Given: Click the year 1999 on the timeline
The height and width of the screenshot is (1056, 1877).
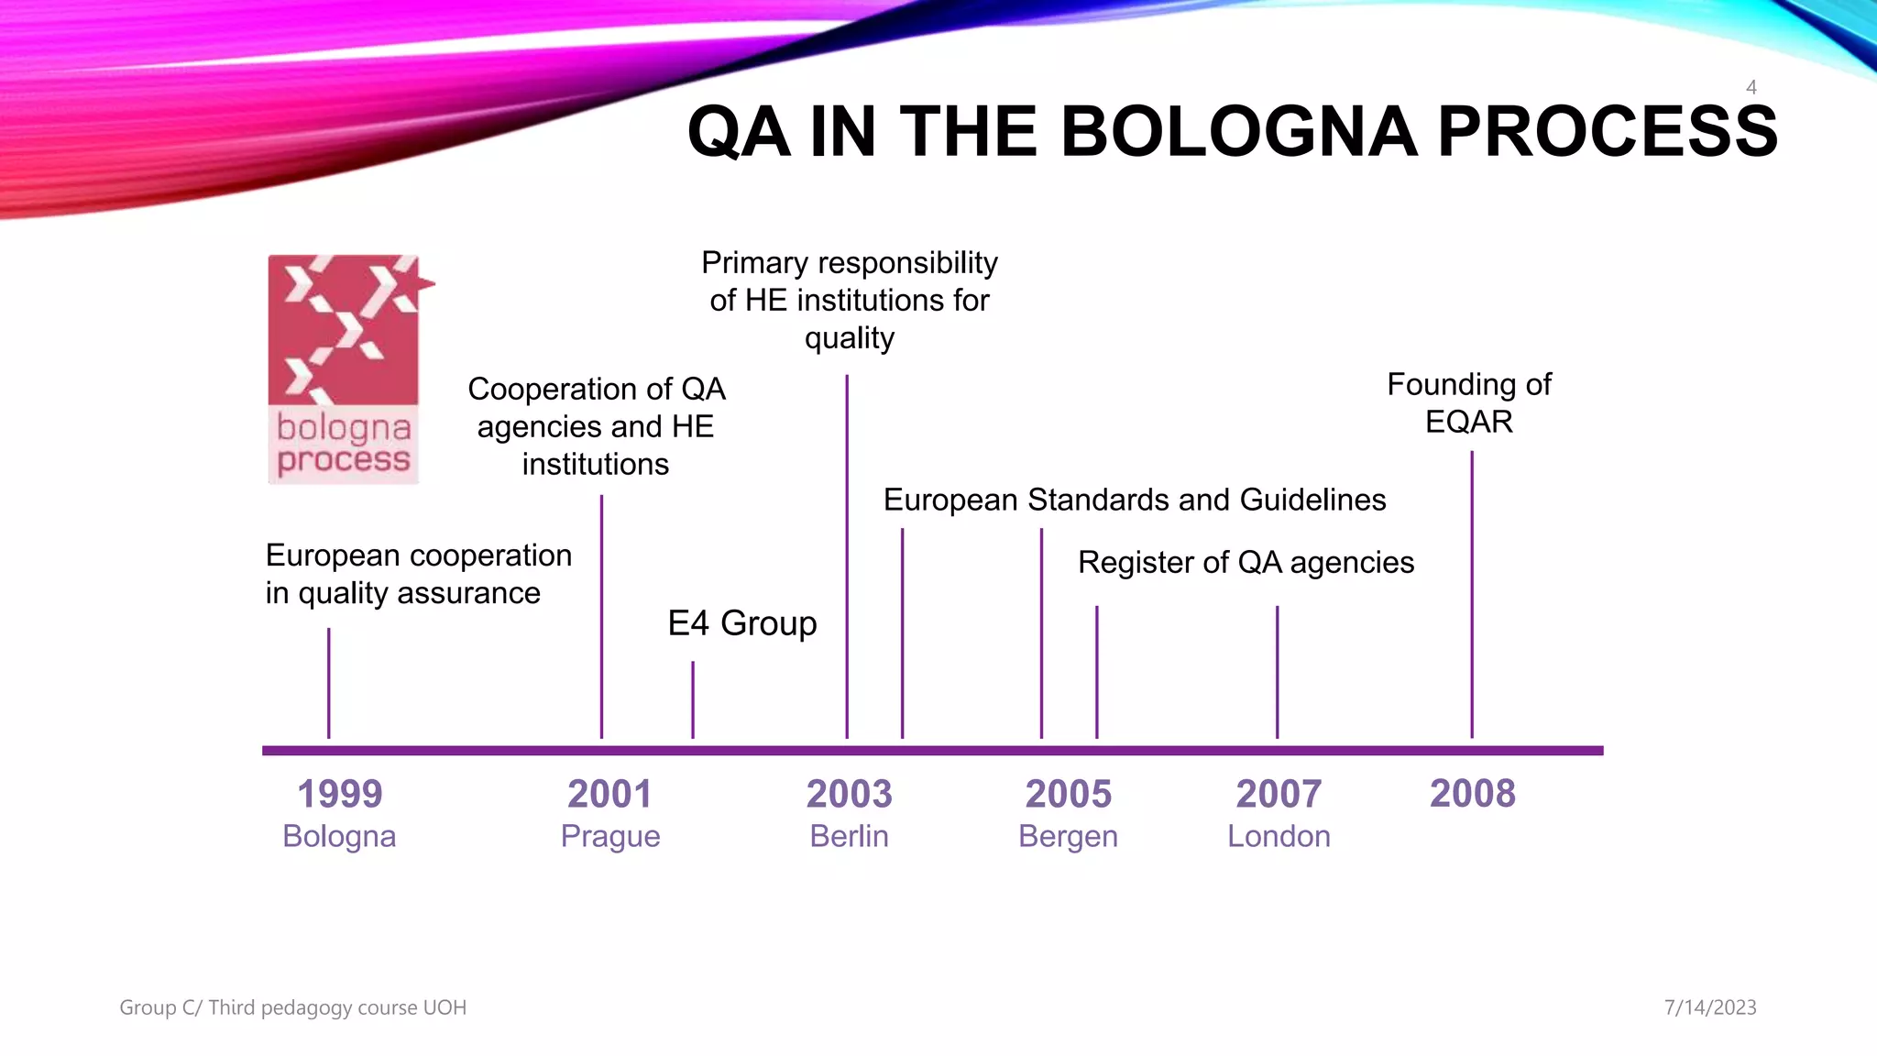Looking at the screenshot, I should (x=339, y=794).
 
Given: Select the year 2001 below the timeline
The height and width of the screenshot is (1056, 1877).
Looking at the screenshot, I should (x=609, y=794).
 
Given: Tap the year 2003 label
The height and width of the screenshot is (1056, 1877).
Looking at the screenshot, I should (x=849, y=794).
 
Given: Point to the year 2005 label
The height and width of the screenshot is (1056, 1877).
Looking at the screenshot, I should (x=1068, y=794).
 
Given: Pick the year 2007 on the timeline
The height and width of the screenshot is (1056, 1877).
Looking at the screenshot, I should (x=1279, y=794).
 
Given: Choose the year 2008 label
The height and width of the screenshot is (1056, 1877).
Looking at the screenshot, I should (x=1472, y=793).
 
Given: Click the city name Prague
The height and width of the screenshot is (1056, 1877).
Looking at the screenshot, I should (x=610, y=837).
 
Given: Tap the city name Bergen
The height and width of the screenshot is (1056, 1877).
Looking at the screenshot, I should (x=1068, y=837).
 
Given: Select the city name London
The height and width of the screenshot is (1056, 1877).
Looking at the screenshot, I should (x=1279, y=836).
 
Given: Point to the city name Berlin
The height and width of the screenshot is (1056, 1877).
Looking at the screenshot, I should (x=849, y=836).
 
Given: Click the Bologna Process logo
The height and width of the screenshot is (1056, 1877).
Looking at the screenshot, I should (x=345, y=368).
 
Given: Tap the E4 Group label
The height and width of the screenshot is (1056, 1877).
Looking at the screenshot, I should (x=741, y=623).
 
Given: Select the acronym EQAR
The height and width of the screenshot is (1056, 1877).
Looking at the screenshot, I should (x=1468, y=422).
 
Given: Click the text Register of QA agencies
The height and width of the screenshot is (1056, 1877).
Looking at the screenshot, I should (x=1246, y=562).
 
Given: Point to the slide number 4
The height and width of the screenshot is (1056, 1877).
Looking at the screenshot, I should (x=1751, y=88).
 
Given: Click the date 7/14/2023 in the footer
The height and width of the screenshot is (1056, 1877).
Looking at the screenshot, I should (x=1710, y=1007).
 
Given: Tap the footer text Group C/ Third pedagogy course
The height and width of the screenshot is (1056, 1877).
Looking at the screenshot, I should (x=292, y=1007).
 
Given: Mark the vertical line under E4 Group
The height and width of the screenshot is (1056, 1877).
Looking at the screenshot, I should (x=693, y=699).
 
